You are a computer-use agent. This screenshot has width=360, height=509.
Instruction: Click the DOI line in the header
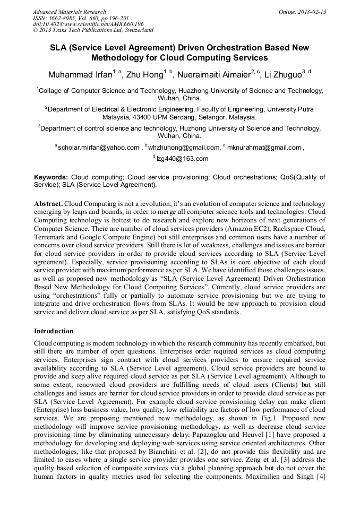pyautogui.click(x=88, y=24)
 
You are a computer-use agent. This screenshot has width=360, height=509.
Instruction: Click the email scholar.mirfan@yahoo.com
pyautogui.click(x=98, y=147)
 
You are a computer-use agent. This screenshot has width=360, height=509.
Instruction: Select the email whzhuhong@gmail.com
pyautogui.click(x=185, y=147)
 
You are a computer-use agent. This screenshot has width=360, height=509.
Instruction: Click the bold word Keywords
pyautogui.click(x=51, y=177)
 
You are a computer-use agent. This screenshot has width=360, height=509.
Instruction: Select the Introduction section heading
pyautogui.click(x=54, y=331)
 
